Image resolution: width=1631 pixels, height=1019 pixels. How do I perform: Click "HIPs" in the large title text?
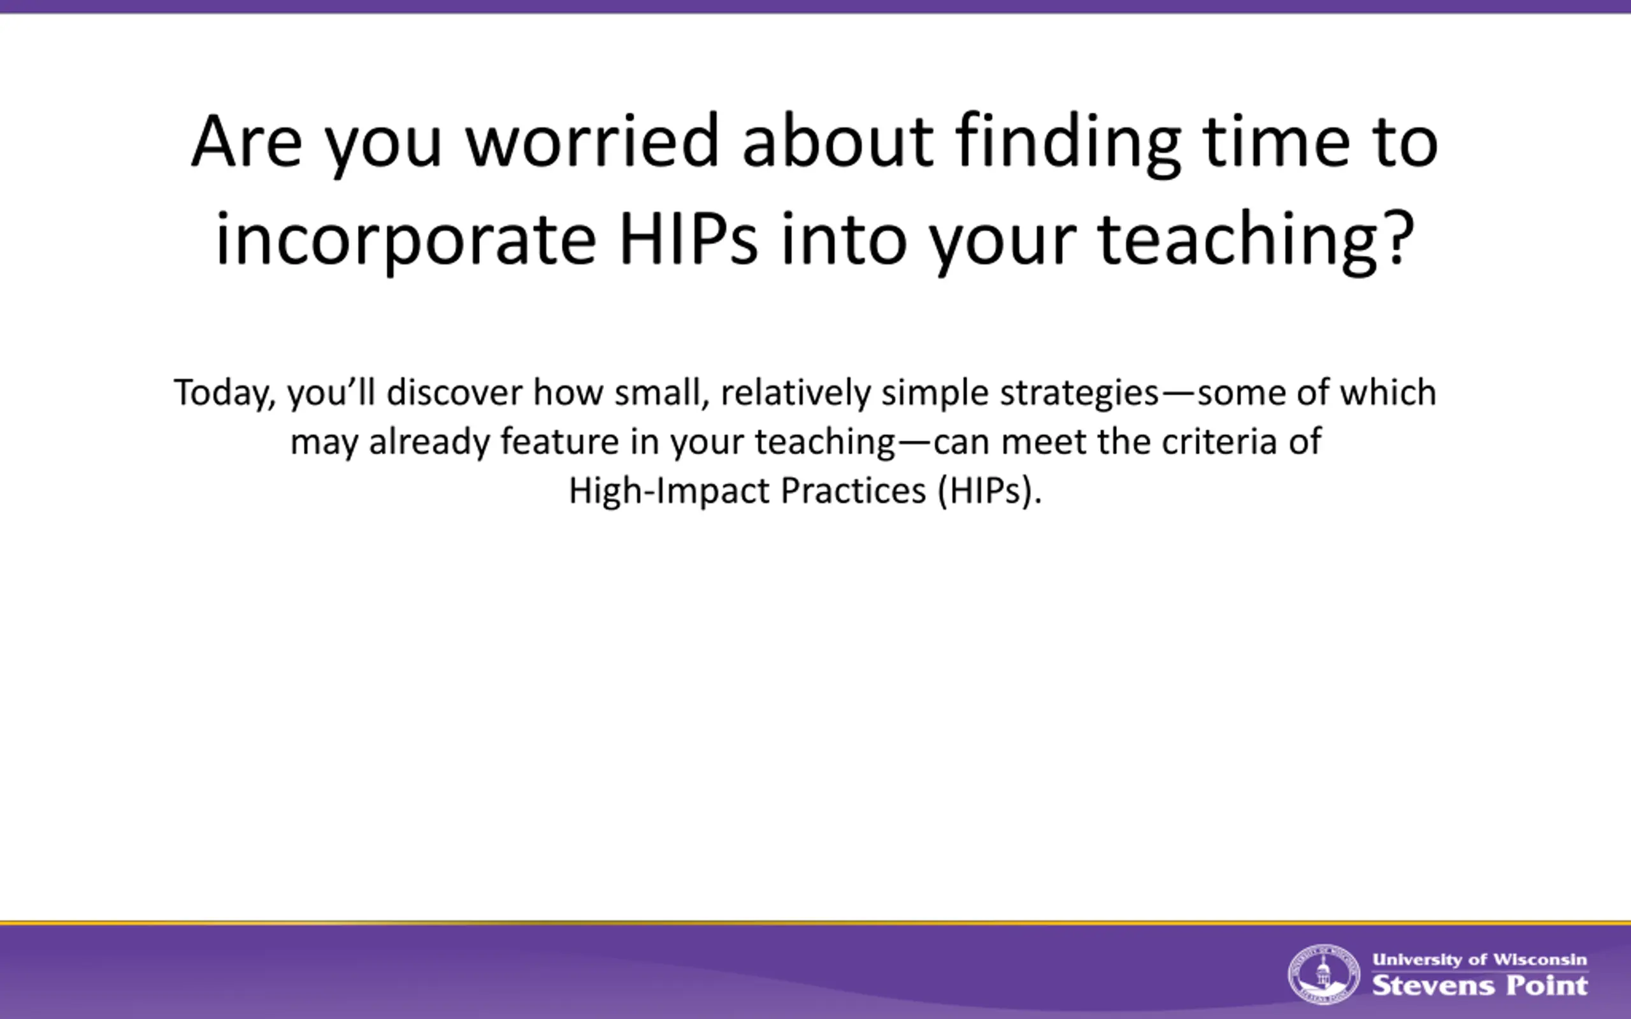(x=688, y=239)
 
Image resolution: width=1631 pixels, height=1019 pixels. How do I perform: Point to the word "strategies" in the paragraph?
(x=1079, y=394)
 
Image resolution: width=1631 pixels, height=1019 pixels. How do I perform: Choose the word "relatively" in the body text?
(x=795, y=394)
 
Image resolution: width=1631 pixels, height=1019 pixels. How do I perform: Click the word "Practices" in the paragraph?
(x=853, y=490)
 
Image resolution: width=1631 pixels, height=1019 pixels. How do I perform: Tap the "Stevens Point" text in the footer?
(x=1480, y=985)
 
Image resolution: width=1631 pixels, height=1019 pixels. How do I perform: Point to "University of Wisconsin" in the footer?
(x=1480, y=959)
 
